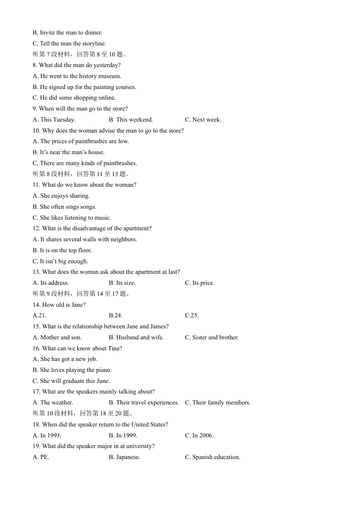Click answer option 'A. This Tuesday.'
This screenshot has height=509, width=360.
pos(54,120)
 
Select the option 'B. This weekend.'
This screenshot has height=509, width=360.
pos(131,120)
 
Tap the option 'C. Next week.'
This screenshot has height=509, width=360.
pos(203,120)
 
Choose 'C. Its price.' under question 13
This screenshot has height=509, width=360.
pos(199,283)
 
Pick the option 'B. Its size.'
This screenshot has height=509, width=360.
pos(122,283)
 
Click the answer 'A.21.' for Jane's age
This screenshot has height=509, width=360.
pos(39,315)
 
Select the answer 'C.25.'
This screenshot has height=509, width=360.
pos(191,315)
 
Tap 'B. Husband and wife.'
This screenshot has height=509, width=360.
pos(136,337)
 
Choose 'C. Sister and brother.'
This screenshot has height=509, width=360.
pos(211,337)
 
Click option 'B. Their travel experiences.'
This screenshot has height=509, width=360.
pos(144,403)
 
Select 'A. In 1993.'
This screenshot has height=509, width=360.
pos(47,436)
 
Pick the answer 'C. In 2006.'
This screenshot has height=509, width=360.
pos(199,436)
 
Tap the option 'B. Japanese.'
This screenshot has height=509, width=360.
pos(124,457)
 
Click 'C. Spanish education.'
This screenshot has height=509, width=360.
pos(212,457)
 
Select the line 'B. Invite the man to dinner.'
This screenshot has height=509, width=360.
pos(67,33)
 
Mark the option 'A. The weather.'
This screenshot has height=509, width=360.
pos(53,403)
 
